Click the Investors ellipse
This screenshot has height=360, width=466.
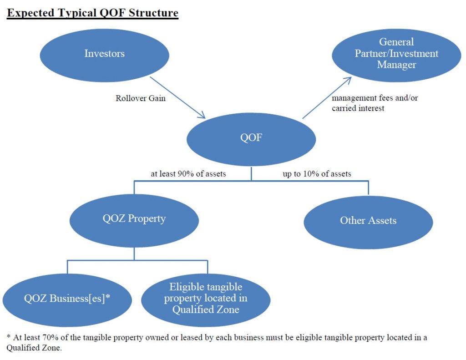pos(105,55)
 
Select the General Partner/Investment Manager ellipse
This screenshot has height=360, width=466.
pos(396,55)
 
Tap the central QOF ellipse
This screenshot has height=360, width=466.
pos(251,139)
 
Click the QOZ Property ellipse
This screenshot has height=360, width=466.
pos(134,221)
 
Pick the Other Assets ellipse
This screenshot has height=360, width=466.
pos(368,223)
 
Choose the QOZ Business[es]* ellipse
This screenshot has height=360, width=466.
pos(67,300)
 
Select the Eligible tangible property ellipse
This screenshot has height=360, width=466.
pos(206,300)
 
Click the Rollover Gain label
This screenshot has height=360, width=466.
pos(140,98)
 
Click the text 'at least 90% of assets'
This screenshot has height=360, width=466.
pos(188,174)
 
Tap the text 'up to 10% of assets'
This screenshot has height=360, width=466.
pos(317,174)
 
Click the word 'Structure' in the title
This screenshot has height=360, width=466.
pos(153,13)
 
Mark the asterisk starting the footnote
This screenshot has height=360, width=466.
pos(9,336)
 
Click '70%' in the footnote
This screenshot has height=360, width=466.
pos(51,338)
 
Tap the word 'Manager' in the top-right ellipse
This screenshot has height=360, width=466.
pos(396,65)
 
